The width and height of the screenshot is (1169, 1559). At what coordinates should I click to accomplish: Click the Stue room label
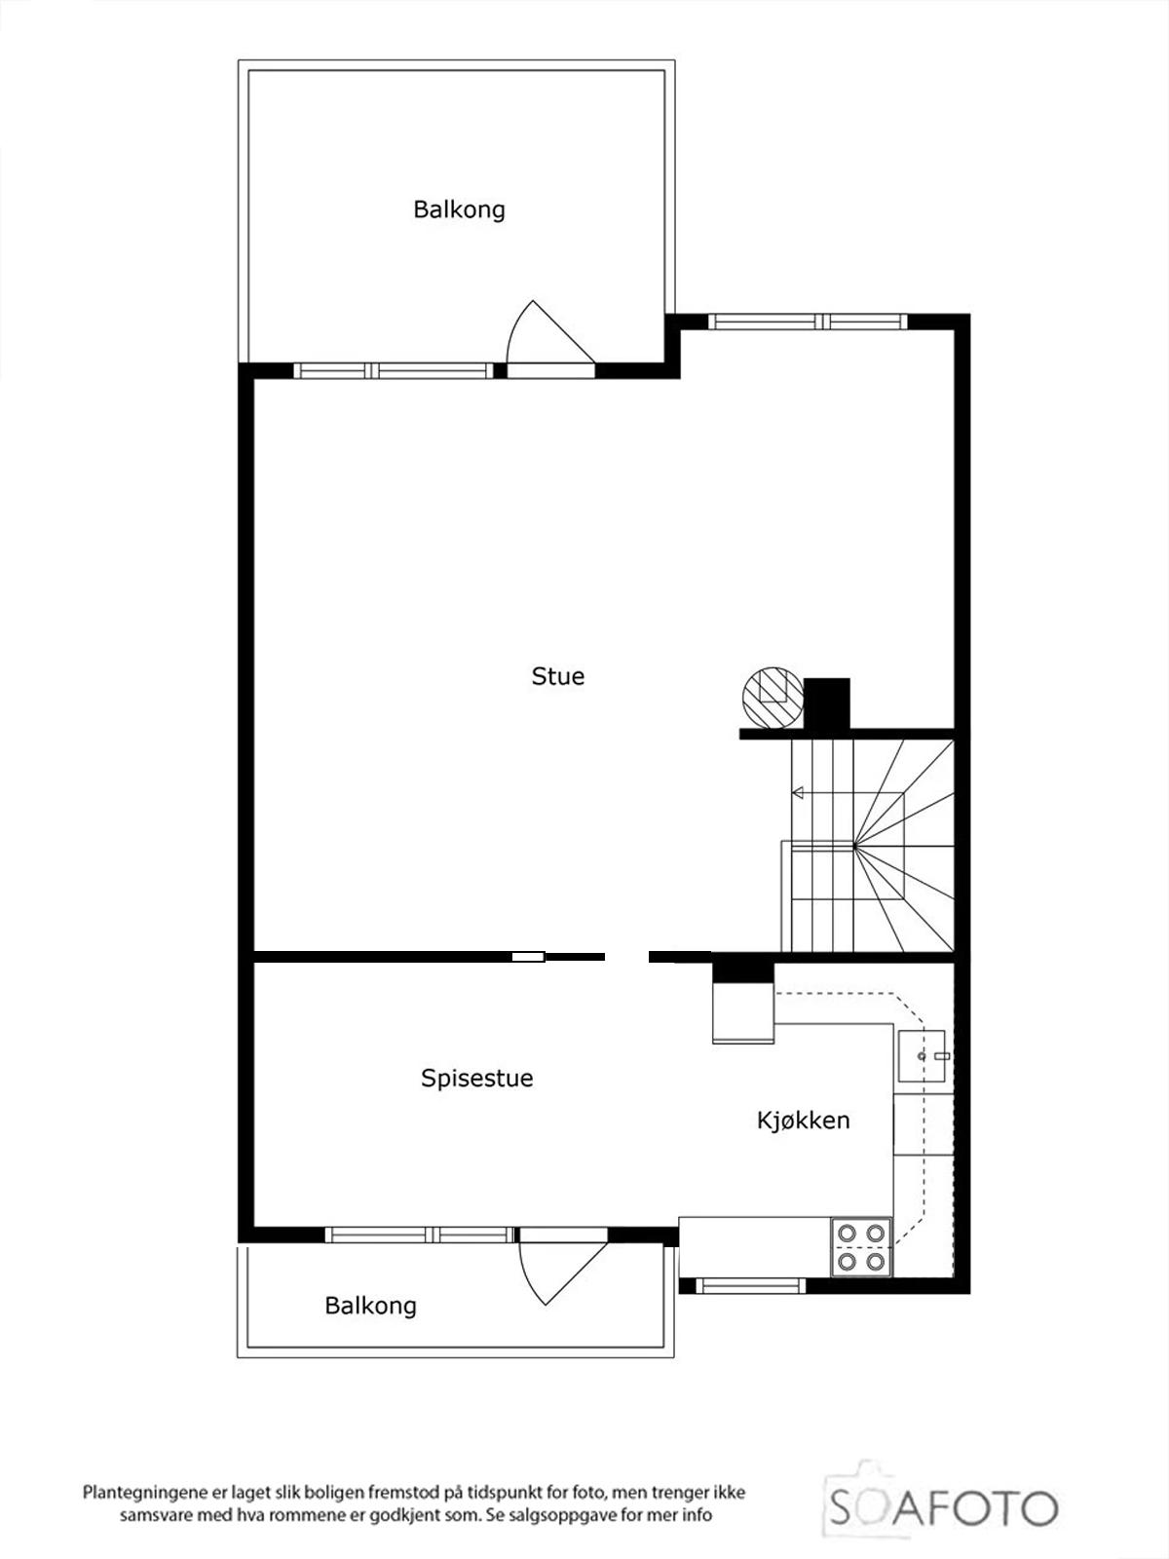[558, 675]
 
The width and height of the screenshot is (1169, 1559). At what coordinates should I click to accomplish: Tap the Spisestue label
[477, 1079]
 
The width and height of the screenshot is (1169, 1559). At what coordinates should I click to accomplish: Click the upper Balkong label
[459, 209]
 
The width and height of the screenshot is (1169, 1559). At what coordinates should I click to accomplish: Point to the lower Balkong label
[370, 1306]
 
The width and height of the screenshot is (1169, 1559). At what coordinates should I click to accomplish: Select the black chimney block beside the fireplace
[826, 703]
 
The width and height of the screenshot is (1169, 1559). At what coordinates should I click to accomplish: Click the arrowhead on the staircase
[797, 792]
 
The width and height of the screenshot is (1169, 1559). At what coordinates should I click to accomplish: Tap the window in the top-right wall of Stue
[809, 322]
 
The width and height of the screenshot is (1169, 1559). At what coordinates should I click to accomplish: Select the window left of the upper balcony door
[394, 370]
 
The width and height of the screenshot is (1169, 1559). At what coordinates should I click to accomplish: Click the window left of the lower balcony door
[420, 1236]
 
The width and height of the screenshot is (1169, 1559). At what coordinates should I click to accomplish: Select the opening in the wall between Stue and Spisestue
[626, 957]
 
